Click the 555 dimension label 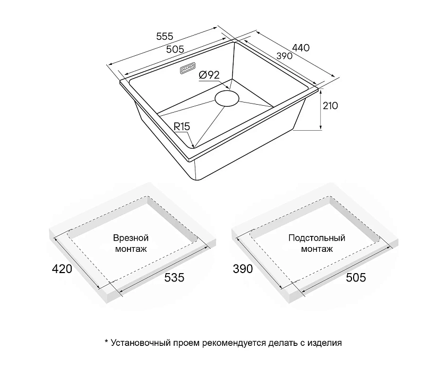[x=165, y=37]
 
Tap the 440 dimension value [x=301, y=47]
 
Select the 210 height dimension [x=330, y=106]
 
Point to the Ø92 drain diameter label [x=209, y=75]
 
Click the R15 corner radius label [x=182, y=126]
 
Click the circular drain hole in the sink [x=227, y=98]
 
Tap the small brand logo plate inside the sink [x=187, y=69]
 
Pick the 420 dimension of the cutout [x=62, y=268]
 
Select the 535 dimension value [x=174, y=277]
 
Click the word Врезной [x=131, y=237]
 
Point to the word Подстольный [x=317, y=238]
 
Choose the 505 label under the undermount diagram [x=356, y=277]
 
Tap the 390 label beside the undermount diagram [x=243, y=268]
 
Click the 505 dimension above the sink [x=175, y=49]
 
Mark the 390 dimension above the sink [x=285, y=56]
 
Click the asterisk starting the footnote [x=107, y=342]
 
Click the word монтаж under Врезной [x=131, y=249]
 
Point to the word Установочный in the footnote [x=141, y=343]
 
